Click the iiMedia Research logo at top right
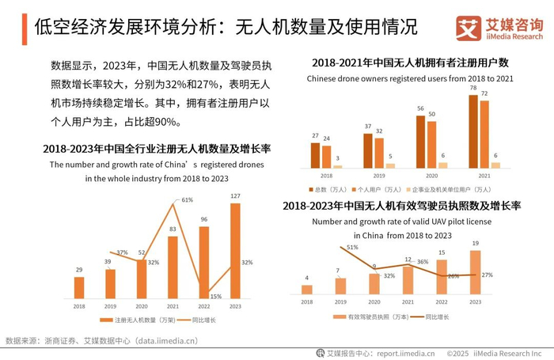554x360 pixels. coord(499,29)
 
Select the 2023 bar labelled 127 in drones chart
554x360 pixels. coord(235,252)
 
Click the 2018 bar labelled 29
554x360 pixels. coord(79,288)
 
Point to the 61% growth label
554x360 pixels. coord(188,200)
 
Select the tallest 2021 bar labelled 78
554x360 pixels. coord(473,131)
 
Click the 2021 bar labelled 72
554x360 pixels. coord(484,134)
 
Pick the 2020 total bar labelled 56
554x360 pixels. coord(420,142)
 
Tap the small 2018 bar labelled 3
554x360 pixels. coord(338,166)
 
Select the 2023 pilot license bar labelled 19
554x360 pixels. coord(475,272)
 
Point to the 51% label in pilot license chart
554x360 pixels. coord(353,248)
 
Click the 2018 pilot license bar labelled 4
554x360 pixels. coord(307,290)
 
